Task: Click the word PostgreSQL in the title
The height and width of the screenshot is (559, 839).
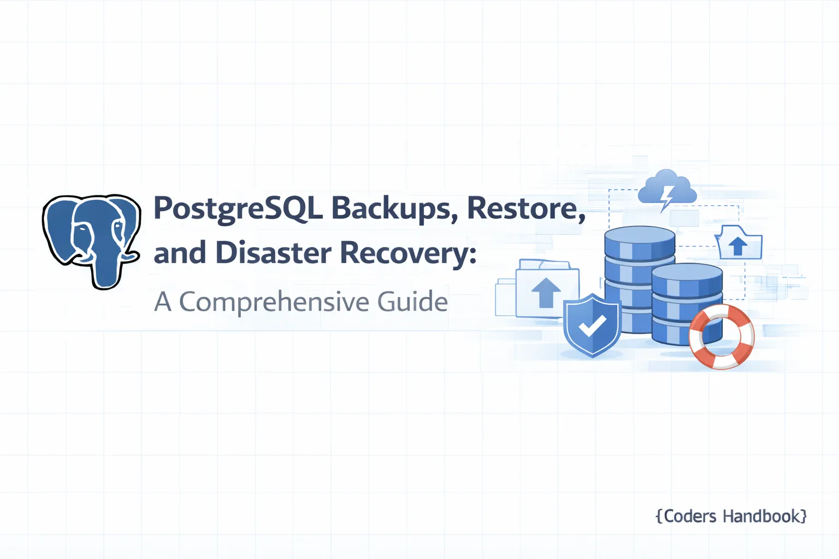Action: pos(238,209)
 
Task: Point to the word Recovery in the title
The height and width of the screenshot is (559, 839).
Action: pos(404,254)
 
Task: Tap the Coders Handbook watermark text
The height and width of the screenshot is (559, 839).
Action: pos(731,516)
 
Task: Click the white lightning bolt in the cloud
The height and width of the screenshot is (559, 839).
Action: pos(666,197)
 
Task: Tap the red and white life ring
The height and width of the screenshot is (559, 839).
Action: pos(722,336)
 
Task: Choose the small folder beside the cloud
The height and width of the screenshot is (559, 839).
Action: pos(738,243)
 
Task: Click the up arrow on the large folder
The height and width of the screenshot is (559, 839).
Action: pos(546,292)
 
